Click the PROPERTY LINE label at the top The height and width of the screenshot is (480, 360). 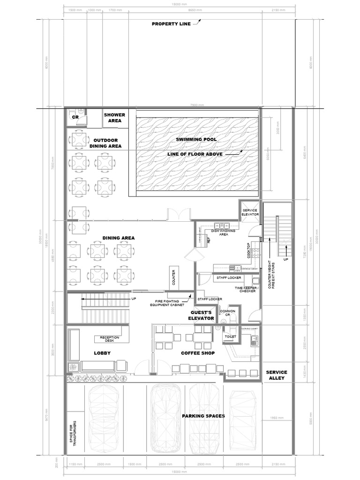coord(171,24)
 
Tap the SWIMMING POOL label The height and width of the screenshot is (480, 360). coord(195,139)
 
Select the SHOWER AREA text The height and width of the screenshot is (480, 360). coord(114,118)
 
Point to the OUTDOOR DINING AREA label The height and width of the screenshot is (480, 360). coord(105,143)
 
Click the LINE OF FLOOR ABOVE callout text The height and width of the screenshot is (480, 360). coord(195,154)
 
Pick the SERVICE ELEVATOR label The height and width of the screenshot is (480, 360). coord(250,212)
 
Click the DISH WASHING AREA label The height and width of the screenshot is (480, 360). coord(219,232)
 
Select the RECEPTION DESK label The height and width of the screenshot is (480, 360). coord(109,339)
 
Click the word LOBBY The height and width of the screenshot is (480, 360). coord(102,353)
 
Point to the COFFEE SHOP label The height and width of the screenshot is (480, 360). coord(198,353)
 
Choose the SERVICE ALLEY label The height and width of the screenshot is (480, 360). coord(277,375)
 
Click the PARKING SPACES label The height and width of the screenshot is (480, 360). coord(203,416)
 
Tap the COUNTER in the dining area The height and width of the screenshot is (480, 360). coord(173,278)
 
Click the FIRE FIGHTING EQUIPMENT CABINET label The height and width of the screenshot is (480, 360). coord(168,303)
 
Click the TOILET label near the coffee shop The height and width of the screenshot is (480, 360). coord(230,336)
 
